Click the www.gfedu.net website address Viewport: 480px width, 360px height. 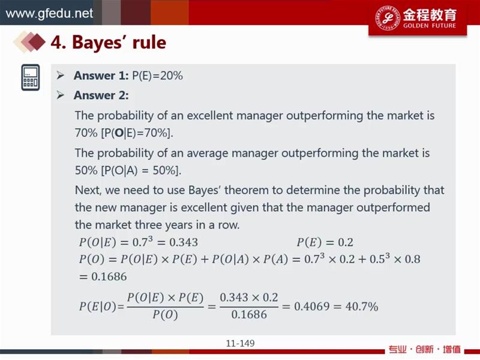coord(49,13)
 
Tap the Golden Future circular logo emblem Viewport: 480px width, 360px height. coord(387,17)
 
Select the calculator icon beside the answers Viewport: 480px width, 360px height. coord(31,77)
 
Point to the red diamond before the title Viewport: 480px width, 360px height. coord(37,42)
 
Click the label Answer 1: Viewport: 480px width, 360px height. coord(101,76)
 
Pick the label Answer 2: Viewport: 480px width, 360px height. coord(101,95)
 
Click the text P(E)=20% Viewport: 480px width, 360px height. coord(157,76)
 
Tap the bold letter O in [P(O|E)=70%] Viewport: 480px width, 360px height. coord(119,133)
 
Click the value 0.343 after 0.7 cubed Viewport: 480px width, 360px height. coord(184,242)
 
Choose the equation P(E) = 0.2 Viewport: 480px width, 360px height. coord(325,242)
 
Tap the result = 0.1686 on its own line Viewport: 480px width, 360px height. coord(103,277)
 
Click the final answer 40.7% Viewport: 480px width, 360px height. coord(362,306)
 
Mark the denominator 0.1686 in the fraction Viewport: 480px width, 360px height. coord(249,314)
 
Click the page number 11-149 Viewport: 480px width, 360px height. coord(240,343)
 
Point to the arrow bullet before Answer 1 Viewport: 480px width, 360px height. coord(61,76)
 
